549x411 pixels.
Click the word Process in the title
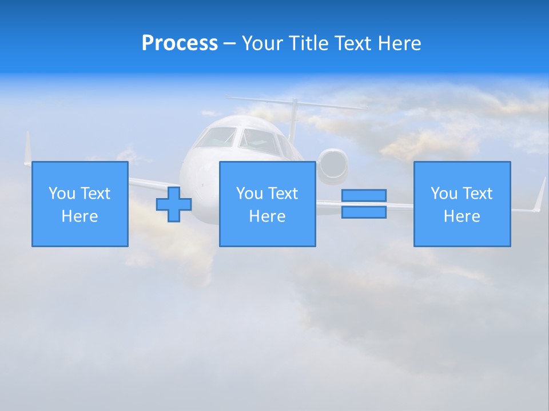click(180, 43)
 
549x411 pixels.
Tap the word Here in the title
click(399, 43)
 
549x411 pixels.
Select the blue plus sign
click(174, 204)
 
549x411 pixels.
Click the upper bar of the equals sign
click(364, 195)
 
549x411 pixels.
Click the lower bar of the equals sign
click(364, 212)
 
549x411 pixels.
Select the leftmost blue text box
click(80, 204)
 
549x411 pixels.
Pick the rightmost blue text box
click(462, 204)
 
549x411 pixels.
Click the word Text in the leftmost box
click(96, 194)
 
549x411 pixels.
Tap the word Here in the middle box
click(268, 216)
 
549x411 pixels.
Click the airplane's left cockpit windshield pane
click(217, 138)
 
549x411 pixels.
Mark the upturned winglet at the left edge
click(27, 148)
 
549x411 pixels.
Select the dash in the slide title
click(229, 43)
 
